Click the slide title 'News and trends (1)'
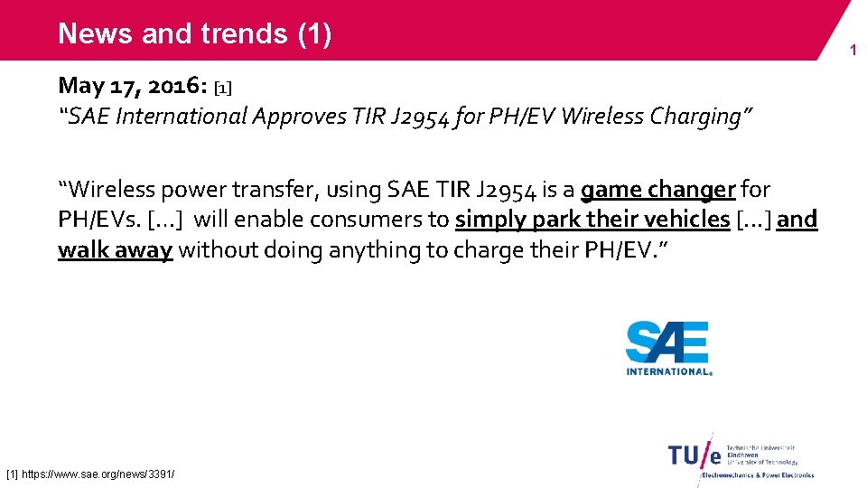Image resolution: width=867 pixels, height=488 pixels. click(195, 33)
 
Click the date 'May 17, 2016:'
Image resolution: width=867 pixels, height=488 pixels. click(133, 86)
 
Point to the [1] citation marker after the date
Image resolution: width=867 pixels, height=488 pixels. click(223, 88)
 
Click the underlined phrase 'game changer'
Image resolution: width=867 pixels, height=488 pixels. click(657, 190)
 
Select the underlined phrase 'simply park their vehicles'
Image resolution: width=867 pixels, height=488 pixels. click(592, 220)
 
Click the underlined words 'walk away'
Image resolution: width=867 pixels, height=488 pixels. click(115, 249)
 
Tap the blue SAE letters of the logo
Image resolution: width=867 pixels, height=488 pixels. click(667, 343)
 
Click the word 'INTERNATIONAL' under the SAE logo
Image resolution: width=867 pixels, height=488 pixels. click(667, 371)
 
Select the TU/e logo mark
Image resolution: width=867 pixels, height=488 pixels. click(696, 454)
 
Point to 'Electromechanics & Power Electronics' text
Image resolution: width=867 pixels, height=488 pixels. click(758, 474)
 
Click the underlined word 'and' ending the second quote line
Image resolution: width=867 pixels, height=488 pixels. click(797, 220)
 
